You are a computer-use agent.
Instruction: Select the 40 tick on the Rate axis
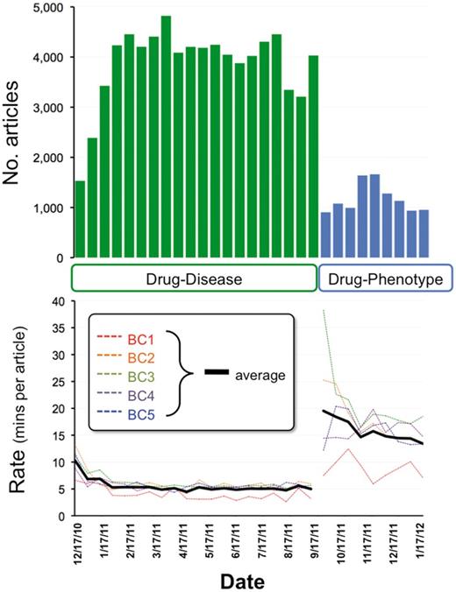[59, 300]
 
